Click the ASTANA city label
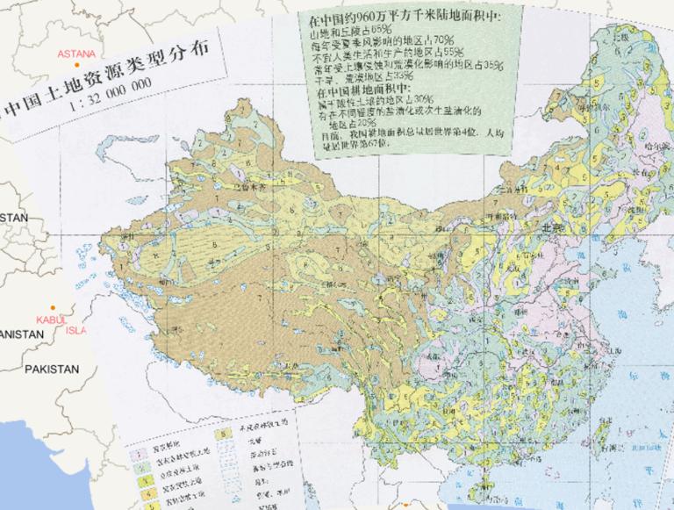click(x=76, y=54)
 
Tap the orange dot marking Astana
click(x=78, y=65)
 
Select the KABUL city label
click(x=52, y=319)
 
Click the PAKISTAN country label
click(x=52, y=370)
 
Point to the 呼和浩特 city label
click(x=501, y=214)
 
